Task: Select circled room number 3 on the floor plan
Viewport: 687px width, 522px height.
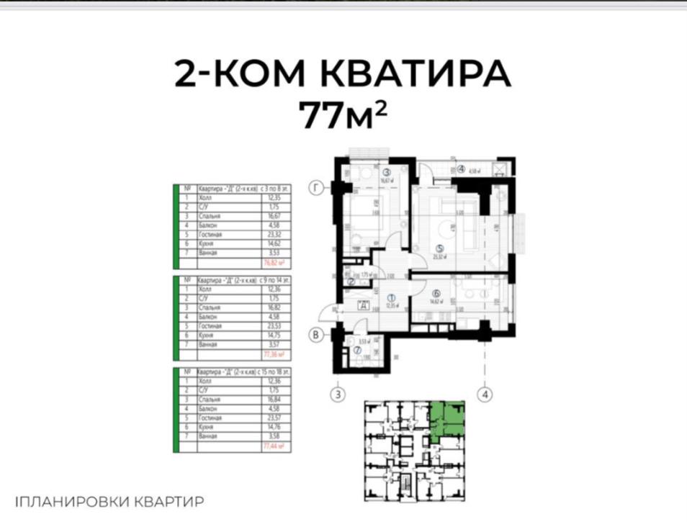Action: click(x=386, y=172)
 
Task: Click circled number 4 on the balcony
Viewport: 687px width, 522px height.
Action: click(x=460, y=169)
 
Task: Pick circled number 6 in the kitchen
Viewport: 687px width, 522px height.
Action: click(x=436, y=293)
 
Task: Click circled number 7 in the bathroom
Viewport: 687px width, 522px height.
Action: click(x=356, y=351)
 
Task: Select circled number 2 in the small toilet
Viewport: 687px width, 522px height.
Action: click(x=350, y=282)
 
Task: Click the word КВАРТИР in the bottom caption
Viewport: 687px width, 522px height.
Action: click(x=169, y=501)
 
